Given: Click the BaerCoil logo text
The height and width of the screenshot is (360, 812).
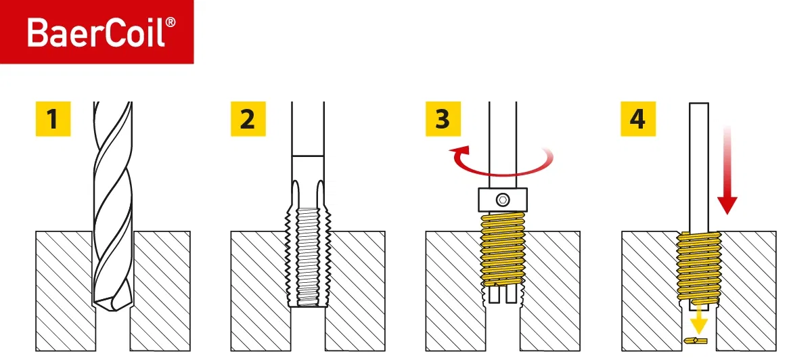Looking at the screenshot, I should pyautogui.click(x=95, y=32).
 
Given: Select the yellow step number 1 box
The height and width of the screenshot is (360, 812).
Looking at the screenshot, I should pyautogui.click(x=52, y=119).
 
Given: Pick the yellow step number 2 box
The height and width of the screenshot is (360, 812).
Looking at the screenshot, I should pyautogui.click(x=247, y=119).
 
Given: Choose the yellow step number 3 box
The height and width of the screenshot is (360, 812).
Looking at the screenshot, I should pyautogui.click(x=442, y=119).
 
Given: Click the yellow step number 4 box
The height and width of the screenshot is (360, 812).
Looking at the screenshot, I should pyautogui.click(x=637, y=119).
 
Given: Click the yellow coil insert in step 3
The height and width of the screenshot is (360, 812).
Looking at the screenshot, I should pyautogui.click(x=502, y=247).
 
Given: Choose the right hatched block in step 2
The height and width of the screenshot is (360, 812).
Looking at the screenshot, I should pyautogui.click(x=355, y=291).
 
